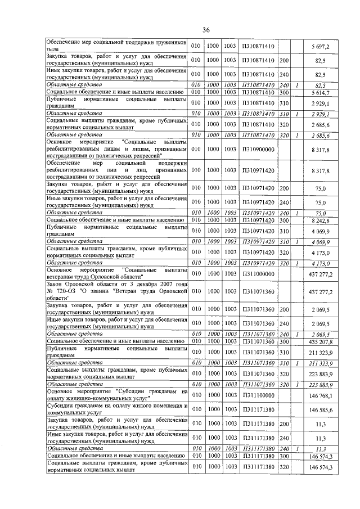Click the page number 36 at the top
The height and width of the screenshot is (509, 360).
point(206,29)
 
